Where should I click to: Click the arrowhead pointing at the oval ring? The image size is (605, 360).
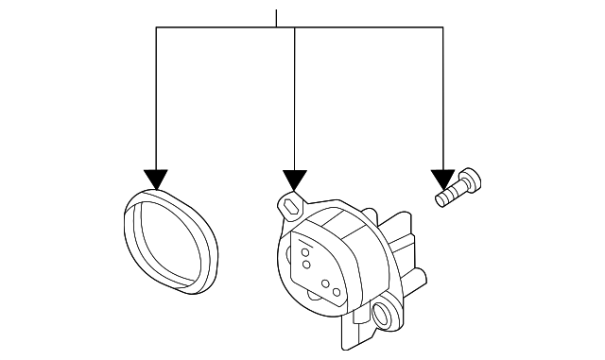click(156, 179)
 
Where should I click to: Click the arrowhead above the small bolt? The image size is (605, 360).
click(442, 179)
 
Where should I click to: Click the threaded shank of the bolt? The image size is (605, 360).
click(446, 196)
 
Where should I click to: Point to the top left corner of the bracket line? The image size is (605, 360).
click(156, 28)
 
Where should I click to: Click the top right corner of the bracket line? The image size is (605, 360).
click(442, 28)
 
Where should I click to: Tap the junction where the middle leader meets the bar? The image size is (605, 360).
click(296, 28)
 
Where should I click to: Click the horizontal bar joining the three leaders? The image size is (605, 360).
click(369, 28)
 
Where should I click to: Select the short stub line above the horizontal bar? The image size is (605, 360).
click(276, 18)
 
